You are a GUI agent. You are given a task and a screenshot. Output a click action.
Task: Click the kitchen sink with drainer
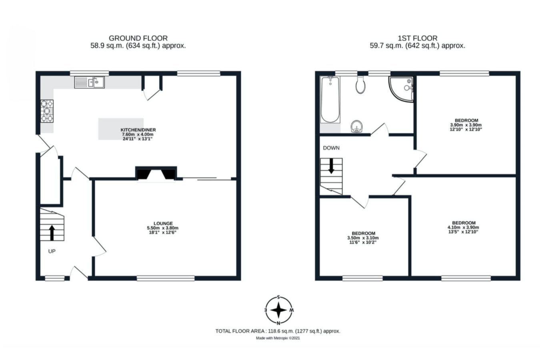click(89, 82)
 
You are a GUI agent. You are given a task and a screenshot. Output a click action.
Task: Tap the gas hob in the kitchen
click(47, 111)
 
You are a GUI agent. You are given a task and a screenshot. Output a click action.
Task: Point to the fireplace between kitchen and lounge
click(156, 173)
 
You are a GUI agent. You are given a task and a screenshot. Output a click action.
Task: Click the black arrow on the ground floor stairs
click(52, 233)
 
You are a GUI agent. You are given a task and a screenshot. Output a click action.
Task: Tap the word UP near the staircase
click(52, 251)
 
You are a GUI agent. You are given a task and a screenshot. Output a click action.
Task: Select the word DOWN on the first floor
click(331, 148)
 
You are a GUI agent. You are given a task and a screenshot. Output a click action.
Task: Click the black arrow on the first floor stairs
click(331, 166)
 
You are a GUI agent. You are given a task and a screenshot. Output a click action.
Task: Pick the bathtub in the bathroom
click(330, 100)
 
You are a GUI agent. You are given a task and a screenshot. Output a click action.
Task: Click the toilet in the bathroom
click(360, 85)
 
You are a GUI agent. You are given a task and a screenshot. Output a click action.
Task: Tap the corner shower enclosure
click(401, 89)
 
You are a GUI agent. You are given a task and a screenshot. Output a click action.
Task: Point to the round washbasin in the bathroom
click(357, 126)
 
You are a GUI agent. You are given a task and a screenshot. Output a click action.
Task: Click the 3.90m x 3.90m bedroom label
click(466, 125)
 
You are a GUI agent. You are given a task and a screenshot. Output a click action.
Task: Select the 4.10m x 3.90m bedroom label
click(463, 227)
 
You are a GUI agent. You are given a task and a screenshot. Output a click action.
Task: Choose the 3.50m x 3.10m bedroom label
click(363, 238)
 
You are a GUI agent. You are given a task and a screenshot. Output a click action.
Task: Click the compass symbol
click(279, 310)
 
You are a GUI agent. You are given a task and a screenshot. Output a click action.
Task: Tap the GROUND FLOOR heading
click(138, 38)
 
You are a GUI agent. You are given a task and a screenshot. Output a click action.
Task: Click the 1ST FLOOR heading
click(418, 38)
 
